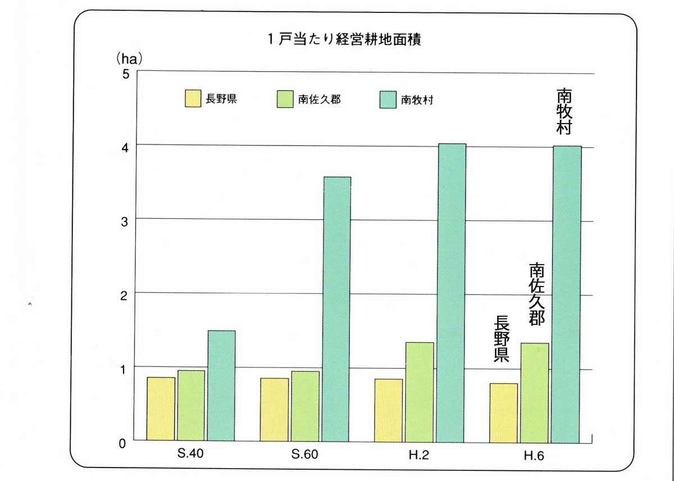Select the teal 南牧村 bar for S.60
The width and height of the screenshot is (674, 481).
tap(336, 309)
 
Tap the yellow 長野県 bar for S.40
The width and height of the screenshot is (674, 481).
tap(161, 409)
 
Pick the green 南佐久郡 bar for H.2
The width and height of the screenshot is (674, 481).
tap(420, 391)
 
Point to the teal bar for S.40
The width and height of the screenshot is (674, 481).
tap(221, 385)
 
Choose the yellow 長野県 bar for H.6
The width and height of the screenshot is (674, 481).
tap(503, 412)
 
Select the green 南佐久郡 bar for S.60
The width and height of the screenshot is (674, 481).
tap(306, 406)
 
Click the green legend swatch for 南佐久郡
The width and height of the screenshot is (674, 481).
tap(285, 99)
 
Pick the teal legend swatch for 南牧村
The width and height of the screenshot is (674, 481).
tap(388, 99)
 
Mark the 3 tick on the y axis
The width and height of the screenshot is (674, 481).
tap(125, 221)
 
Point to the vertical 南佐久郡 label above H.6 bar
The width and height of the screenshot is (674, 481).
tap(538, 294)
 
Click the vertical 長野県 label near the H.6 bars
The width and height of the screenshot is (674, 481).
tap(502, 339)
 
